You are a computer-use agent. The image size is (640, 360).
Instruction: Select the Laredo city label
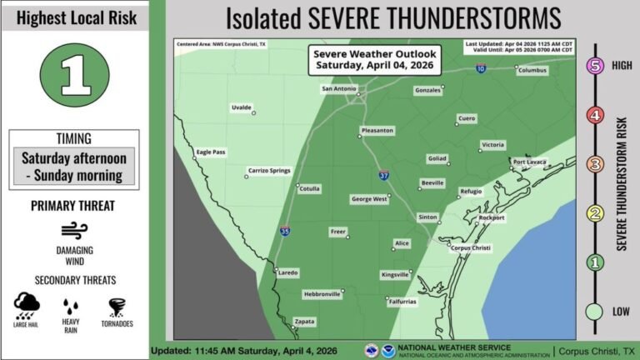tap(287, 272)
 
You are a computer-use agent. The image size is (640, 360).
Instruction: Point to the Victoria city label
tap(492, 145)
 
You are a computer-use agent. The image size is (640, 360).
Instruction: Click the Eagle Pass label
tap(211, 152)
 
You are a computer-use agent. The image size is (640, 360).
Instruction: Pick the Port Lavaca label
tap(529, 162)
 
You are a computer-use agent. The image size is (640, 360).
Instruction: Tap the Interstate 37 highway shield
tap(383, 176)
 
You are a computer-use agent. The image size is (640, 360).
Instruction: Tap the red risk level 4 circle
tap(594, 116)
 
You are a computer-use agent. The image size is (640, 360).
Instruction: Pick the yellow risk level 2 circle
tap(594, 214)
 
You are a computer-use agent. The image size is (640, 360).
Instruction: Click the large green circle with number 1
tap(75, 75)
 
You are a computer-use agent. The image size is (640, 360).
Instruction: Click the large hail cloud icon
tap(27, 305)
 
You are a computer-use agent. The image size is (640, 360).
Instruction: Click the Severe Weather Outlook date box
tap(373, 59)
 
